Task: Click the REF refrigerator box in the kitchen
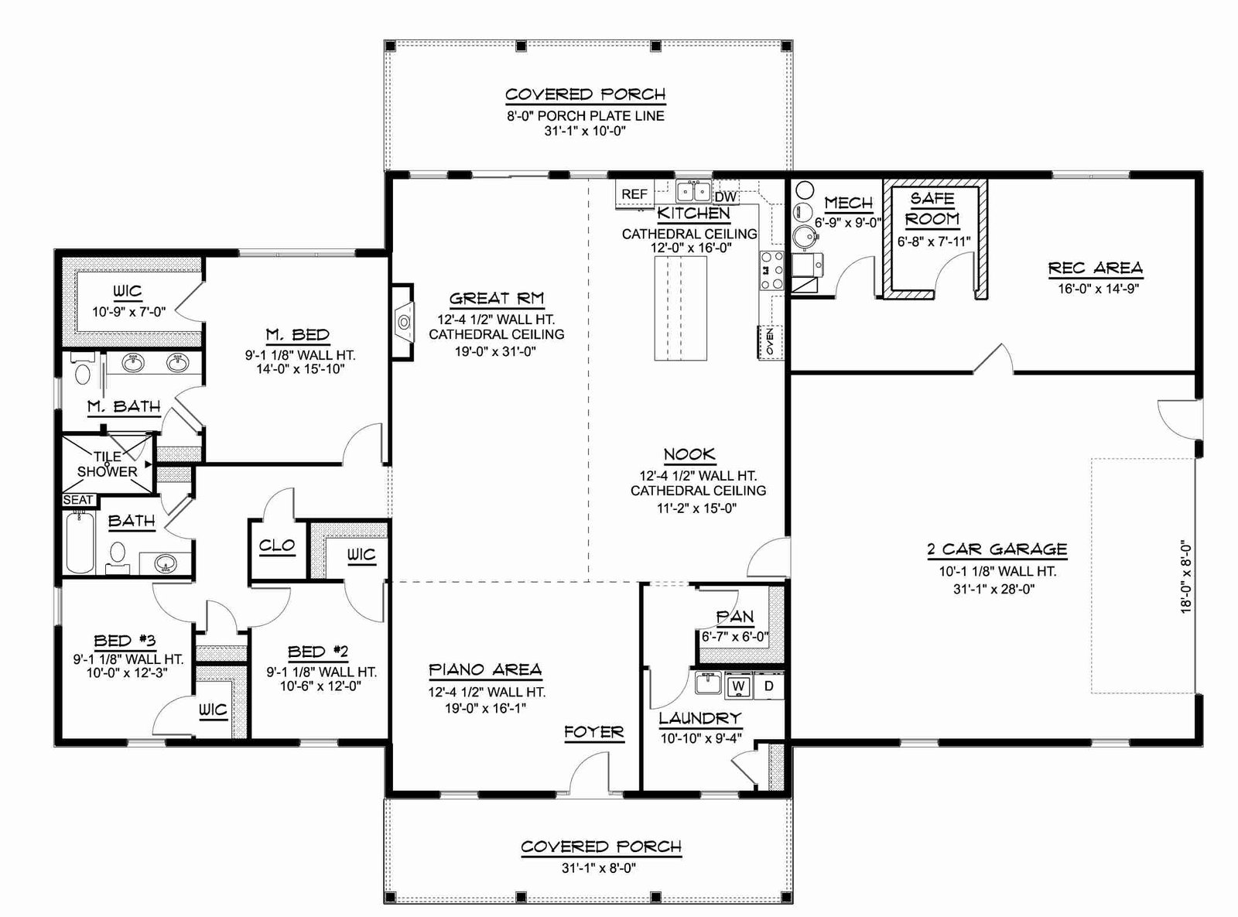634,193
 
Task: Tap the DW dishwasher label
726,197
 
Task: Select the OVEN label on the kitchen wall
770,341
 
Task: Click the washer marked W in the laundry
738,686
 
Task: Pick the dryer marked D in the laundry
768,686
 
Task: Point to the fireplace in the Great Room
403,322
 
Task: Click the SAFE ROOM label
932,209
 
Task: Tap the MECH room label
848,203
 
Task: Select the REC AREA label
1096,269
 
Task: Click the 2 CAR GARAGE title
997,549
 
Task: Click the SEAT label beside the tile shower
78,500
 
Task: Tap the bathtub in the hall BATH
79,542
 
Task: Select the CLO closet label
277,545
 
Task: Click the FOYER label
594,731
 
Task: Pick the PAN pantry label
735,617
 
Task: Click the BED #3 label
125,641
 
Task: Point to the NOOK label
689,454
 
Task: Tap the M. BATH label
124,406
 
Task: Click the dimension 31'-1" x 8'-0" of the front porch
599,868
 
